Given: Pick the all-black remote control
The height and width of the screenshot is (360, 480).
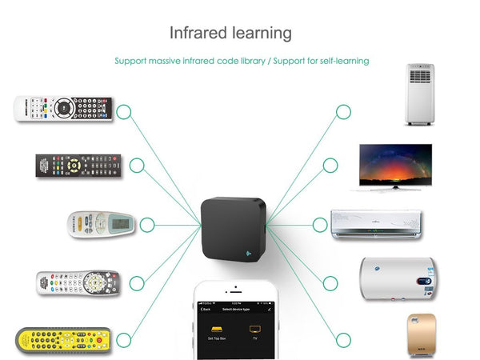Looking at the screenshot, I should pyautogui.click(x=78, y=166).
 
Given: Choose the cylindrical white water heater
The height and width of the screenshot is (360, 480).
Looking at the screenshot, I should pyautogui.click(x=397, y=279).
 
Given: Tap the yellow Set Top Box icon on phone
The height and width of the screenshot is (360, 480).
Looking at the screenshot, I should pyautogui.click(x=216, y=330).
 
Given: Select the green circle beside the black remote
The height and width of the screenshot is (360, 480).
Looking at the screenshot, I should pyautogui.click(x=137, y=166).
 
